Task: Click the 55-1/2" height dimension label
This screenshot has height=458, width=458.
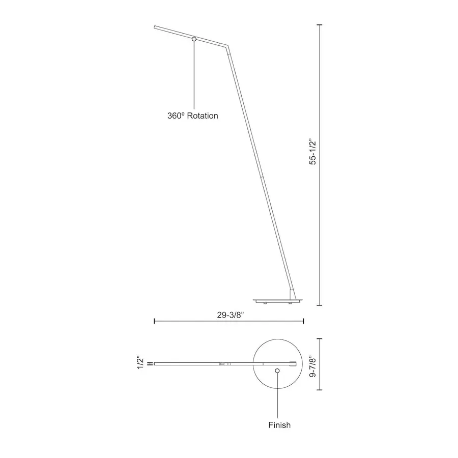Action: [x=313, y=153]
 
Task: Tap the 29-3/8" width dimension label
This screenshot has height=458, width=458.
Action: [x=231, y=315]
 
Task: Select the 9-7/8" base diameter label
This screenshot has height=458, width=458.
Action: [x=313, y=364]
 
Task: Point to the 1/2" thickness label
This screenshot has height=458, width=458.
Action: [x=140, y=362]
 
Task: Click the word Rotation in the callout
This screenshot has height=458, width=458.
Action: [x=203, y=116]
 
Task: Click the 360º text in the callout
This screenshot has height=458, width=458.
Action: [x=176, y=116]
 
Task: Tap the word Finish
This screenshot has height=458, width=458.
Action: [x=279, y=425]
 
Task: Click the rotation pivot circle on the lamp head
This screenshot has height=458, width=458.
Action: [x=194, y=39]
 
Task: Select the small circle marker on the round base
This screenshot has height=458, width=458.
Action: [x=277, y=370]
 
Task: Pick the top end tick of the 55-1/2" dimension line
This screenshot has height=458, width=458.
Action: [x=320, y=25]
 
